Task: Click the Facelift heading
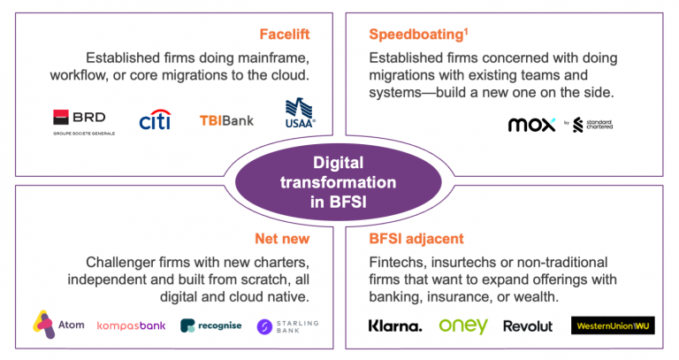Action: click(285, 34)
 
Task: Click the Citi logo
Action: click(155, 119)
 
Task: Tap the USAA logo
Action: click(300, 113)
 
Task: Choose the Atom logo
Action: click(59, 324)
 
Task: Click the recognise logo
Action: click(210, 326)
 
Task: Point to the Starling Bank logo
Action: click(287, 326)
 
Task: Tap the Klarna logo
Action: click(395, 326)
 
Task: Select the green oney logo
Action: click(462, 326)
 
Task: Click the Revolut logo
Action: click(528, 326)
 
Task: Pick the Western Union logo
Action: click(612, 326)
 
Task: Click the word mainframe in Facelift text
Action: click(268, 58)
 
